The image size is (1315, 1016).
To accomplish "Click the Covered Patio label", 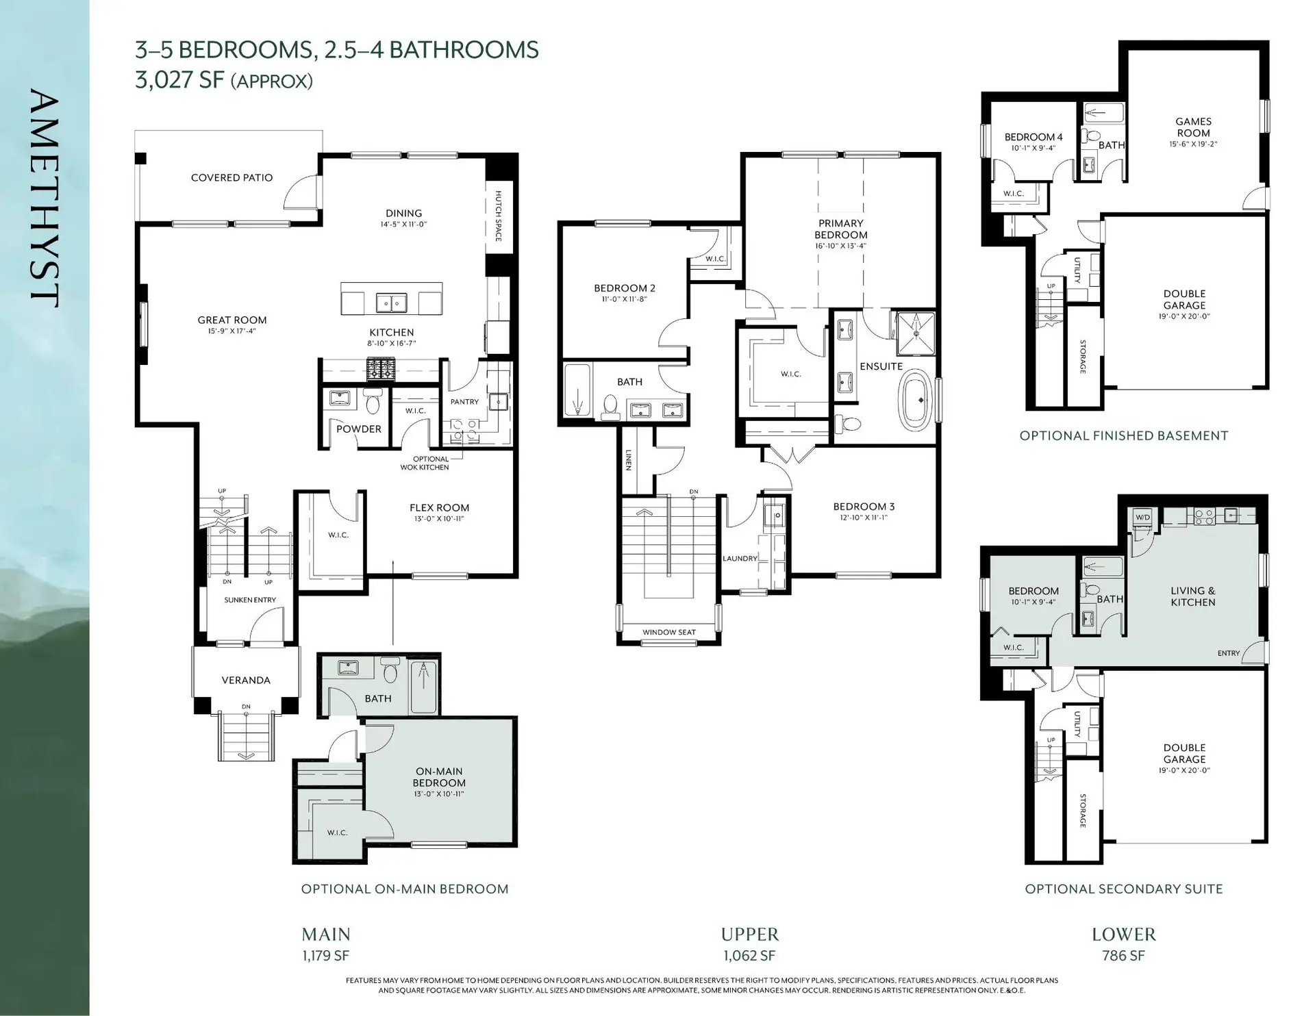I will (231, 178).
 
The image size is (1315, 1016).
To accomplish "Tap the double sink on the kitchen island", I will (391, 302).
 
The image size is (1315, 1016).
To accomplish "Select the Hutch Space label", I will (499, 216).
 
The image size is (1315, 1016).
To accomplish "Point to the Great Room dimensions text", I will (231, 331).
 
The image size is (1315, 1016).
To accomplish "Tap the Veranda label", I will (246, 680).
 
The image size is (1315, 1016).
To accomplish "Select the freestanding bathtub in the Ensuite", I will (914, 401).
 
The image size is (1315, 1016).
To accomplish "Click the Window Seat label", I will (668, 633).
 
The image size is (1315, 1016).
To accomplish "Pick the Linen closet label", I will (628, 460).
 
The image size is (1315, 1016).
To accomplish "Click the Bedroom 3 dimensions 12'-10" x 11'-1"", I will (864, 518).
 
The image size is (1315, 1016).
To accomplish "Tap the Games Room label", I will (1193, 127).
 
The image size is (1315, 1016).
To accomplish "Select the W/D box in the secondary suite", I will (1142, 518).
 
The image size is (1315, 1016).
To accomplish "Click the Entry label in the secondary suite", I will (1228, 653).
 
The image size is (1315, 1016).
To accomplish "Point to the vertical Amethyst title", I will (45, 199).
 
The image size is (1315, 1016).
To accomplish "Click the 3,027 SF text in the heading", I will (179, 80).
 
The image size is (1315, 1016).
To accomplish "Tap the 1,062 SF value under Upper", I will (749, 956).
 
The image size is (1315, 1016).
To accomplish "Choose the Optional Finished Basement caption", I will (1123, 435).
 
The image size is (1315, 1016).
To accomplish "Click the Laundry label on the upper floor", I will (740, 559).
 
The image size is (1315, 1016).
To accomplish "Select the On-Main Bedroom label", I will (439, 777).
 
